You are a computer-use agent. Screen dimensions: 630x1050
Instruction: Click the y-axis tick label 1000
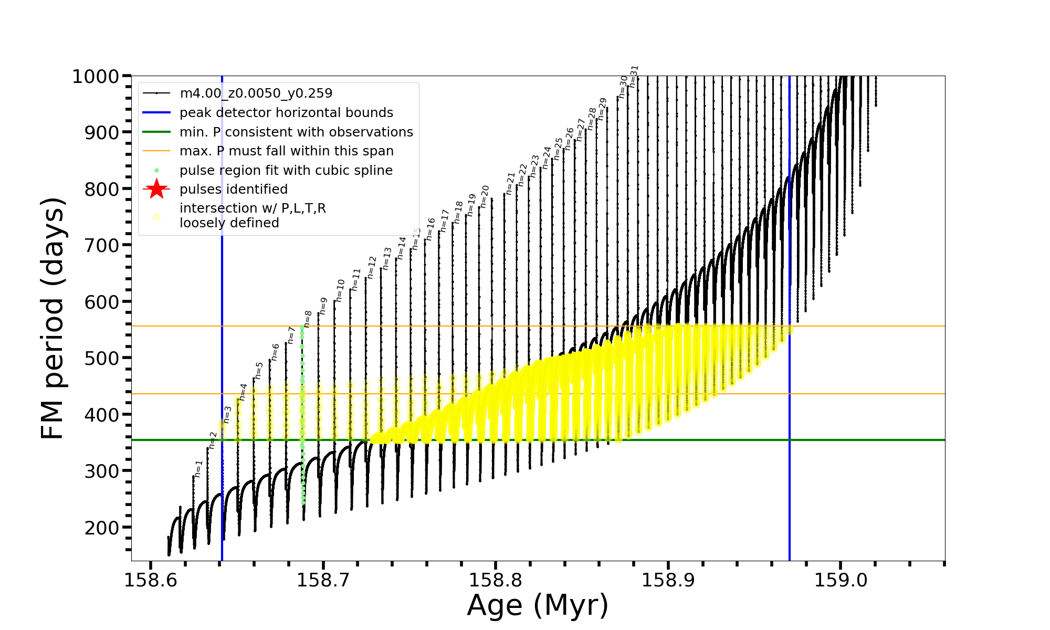[96, 77]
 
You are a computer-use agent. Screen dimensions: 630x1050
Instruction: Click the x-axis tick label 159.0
[841, 580]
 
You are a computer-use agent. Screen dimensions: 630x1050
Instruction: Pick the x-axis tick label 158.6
[151, 580]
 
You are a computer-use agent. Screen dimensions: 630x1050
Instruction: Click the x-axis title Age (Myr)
[538, 605]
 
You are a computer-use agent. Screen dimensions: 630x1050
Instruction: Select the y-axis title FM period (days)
[53, 318]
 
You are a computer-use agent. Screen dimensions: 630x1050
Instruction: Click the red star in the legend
[156, 189]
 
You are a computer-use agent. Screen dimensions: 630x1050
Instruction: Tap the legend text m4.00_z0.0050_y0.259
[256, 93]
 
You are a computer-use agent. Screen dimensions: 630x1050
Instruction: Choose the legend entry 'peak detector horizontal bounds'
[286, 113]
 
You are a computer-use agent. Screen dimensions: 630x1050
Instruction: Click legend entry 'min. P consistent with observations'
[296, 132]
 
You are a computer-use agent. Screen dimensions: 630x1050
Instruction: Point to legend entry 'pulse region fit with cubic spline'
[286, 171]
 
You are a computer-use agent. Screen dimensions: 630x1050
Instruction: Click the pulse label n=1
[198, 469]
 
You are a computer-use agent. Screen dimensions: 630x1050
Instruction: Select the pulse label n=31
[634, 76]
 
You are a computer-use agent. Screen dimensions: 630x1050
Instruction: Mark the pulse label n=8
[308, 319]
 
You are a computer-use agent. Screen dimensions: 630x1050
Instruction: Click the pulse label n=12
[372, 267]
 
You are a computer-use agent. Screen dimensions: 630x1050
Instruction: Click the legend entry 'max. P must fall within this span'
[286, 151]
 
